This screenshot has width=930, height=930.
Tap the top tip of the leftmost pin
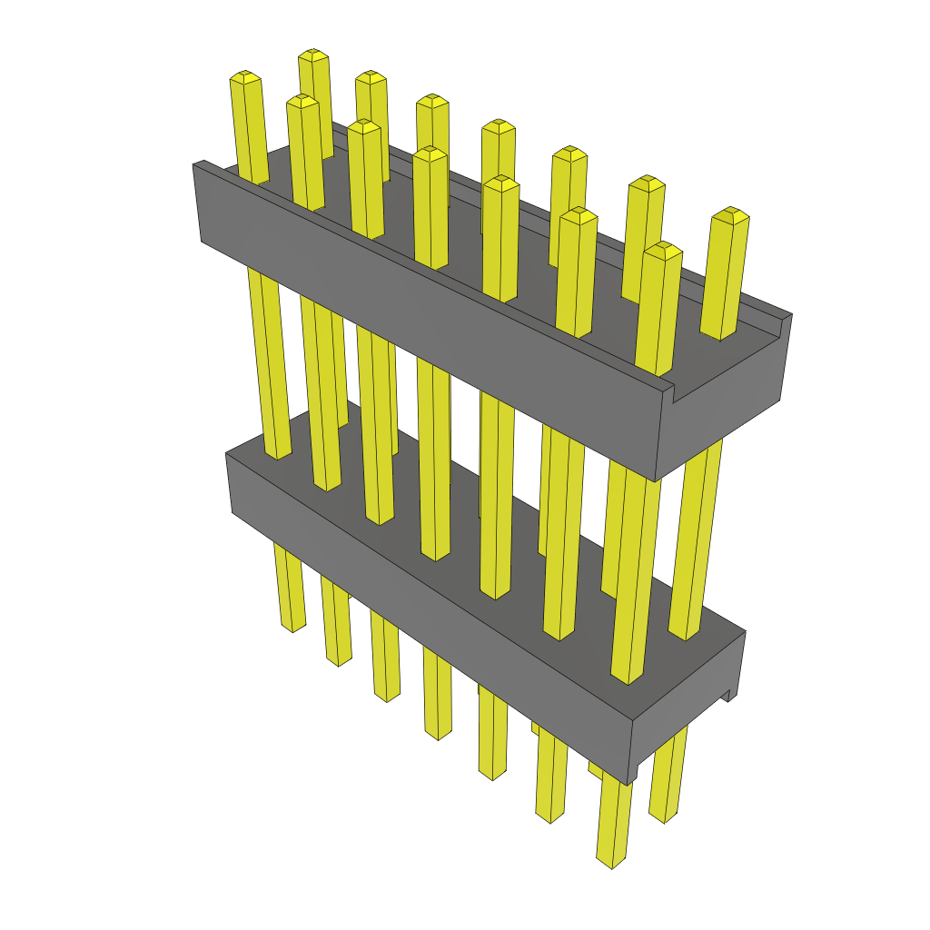click(x=246, y=76)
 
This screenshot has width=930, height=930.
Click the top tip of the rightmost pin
click(x=730, y=214)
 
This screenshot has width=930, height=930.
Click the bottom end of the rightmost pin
click(x=664, y=816)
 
